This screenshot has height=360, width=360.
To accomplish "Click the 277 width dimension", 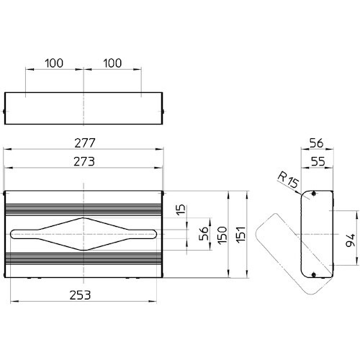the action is pos(85,143).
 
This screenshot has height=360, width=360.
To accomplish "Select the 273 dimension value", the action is pos(84,161).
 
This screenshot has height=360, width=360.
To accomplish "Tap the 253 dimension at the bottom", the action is pos(80,295).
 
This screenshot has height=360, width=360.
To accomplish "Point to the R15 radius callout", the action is pos(288,180).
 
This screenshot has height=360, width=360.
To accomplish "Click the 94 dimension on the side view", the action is pos(350,240).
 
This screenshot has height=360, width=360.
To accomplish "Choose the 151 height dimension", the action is pos(241,235).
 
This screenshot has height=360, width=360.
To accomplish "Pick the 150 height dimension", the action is pos(222,235).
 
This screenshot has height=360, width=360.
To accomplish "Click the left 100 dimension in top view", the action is pos(54,63).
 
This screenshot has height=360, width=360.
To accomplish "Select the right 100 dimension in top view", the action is pos(112,63).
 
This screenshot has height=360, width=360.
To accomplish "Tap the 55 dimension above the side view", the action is pos(318,161).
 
